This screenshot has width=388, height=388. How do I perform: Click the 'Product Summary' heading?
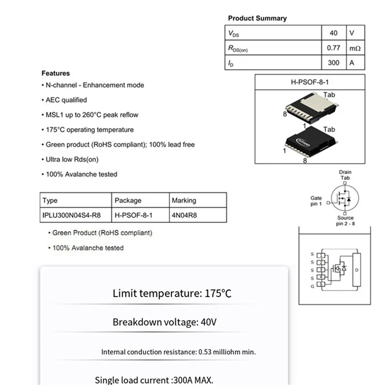(257, 18)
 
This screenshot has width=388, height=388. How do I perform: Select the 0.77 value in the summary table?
(333, 48)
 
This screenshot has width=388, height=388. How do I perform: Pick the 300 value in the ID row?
(333, 63)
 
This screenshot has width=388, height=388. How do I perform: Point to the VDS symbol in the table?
(233, 33)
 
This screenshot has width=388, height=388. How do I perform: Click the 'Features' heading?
(55, 74)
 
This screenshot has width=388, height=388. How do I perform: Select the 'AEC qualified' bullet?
(66, 100)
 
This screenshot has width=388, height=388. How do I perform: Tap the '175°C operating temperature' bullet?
(90, 129)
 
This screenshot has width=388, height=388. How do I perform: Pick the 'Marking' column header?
(184, 200)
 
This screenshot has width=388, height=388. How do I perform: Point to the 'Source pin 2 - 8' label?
(345, 221)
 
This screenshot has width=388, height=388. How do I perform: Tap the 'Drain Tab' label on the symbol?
(345, 175)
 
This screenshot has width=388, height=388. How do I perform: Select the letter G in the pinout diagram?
(312, 287)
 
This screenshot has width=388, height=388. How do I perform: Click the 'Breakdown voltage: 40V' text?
(164, 322)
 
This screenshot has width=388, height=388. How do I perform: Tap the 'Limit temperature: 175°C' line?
(173, 293)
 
